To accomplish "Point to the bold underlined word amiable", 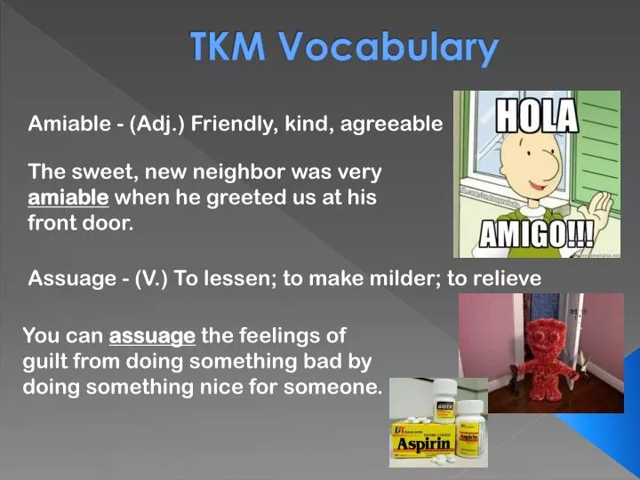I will (68, 197).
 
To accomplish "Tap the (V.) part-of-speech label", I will (152, 279).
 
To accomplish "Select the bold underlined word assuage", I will (151, 336).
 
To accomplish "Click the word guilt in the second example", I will (45, 363).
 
